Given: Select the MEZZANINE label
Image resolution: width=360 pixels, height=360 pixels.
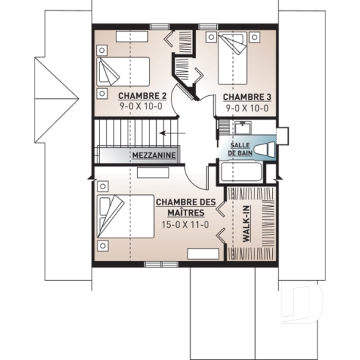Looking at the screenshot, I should pyautogui.click(x=153, y=156).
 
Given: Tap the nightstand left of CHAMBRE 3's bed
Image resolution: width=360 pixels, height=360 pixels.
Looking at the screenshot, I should pyautogui.click(x=210, y=36).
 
